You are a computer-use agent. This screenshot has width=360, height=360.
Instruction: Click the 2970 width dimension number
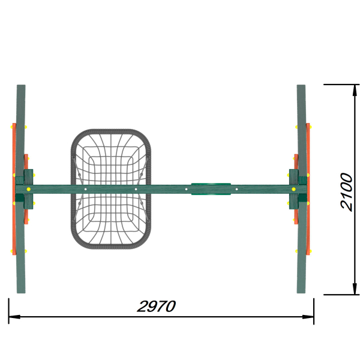coord(157,306)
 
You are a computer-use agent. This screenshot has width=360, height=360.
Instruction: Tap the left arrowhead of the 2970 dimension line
coord(14,317)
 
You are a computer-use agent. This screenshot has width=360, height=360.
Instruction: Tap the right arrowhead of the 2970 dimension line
coord(308,317)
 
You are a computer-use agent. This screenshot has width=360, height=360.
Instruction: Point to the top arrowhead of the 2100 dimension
coord(355,91)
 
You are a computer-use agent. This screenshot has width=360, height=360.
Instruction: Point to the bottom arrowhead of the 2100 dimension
coord(355,289)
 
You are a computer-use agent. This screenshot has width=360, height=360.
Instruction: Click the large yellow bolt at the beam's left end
coord(28,189)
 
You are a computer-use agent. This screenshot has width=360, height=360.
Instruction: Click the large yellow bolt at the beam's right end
coord(293,189)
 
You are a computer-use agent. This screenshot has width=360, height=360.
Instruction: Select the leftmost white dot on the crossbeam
coord(85,189)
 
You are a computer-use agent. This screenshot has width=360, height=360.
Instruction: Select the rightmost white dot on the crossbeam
coord(237,189)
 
